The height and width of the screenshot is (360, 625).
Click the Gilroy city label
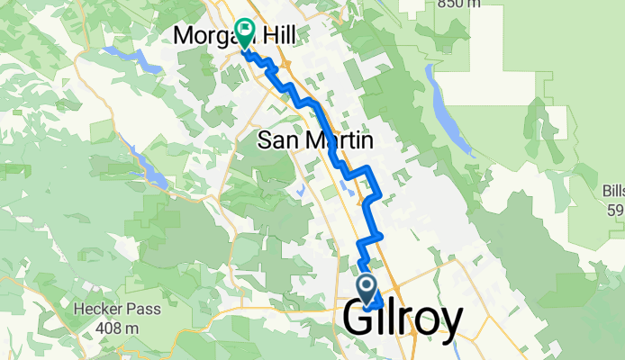point(404,320)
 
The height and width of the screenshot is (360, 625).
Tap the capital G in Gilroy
point(361,320)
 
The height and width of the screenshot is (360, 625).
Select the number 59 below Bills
point(616,211)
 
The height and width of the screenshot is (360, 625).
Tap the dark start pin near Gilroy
point(368,289)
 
